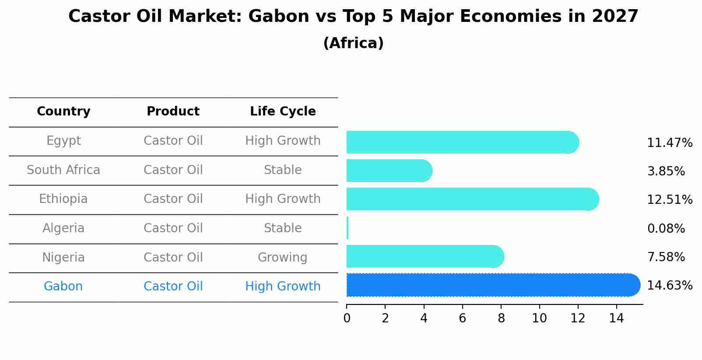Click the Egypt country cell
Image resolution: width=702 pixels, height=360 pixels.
(63, 141)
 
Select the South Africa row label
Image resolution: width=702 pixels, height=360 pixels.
(63, 170)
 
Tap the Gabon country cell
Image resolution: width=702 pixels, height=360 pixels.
(63, 286)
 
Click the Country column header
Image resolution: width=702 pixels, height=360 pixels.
(63, 111)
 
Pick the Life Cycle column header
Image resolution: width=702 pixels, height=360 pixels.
(283, 111)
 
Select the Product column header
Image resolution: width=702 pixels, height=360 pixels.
(173, 111)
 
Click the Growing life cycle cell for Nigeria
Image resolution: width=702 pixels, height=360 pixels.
(283, 258)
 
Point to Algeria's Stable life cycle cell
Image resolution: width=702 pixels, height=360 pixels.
(283, 228)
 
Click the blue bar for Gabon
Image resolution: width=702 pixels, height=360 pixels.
(494, 285)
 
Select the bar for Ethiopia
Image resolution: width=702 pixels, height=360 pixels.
(473, 199)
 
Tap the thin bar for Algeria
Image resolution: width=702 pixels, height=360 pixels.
(347, 228)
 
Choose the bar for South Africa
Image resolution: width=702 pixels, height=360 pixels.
(390, 171)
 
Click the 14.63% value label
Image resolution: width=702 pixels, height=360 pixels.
(670, 286)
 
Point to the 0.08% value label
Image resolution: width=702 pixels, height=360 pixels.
(666, 228)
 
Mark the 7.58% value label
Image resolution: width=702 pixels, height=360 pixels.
(666, 257)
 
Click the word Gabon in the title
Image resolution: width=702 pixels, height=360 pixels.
(279, 16)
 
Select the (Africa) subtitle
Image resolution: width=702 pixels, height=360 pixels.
(354, 43)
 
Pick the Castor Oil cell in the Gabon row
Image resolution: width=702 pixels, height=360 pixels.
(173, 286)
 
